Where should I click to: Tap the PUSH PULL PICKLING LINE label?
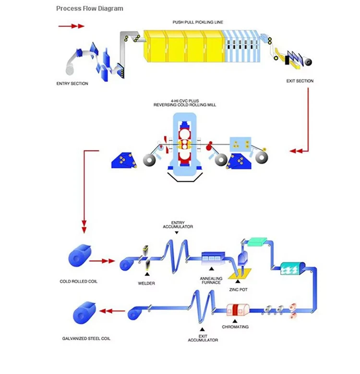pyautogui.click(x=198, y=22)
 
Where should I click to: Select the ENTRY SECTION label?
pyautogui.click(x=72, y=84)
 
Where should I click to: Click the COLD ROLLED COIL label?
pyautogui.click(x=78, y=281)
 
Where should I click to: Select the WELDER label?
pyautogui.click(x=146, y=283)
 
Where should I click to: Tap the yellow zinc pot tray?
pyautogui.click(x=241, y=275)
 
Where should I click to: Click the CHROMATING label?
pyautogui.click(x=235, y=327)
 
